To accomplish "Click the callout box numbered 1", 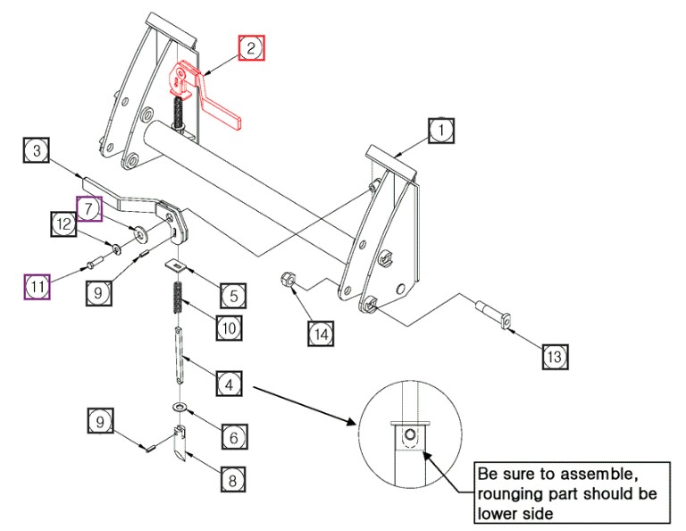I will click(439, 131).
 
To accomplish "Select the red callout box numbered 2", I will click(251, 49).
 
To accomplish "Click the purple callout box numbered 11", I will click(37, 286).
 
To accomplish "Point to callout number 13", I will click(554, 356).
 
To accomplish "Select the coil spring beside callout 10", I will click(177, 297).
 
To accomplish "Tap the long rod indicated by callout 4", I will click(180, 356).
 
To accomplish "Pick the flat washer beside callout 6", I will click(180, 408).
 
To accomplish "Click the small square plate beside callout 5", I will click(175, 264).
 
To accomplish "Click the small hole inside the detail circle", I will click(410, 436).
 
